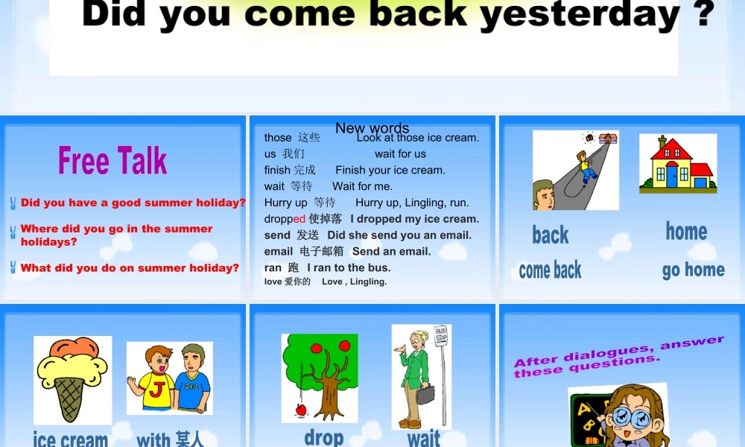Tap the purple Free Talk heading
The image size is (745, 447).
click(112, 160)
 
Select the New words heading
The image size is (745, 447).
click(372, 128)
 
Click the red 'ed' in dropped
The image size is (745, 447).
click(299, 219)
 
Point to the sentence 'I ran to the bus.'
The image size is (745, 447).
click(349, 267)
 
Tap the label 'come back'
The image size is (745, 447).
click(550, 270)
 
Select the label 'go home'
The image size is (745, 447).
click(693, 270)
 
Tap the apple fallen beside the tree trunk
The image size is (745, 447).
click(301, 408)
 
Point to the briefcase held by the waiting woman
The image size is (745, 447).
click(425, 394)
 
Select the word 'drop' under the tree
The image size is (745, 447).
click(324, 437)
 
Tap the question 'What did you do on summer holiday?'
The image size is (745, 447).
click(130, 267)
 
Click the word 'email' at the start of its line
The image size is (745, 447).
click(279, 251)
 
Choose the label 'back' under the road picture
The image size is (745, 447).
click(551, 235)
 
